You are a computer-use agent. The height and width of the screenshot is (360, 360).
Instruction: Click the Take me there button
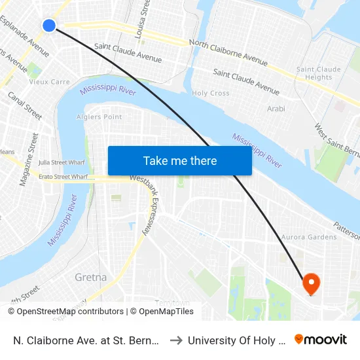[180, 161]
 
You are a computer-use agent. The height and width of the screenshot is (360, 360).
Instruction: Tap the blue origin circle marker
[49, 26]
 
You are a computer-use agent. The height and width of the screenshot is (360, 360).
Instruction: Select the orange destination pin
[310, 283]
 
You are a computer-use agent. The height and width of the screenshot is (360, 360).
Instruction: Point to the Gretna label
[91, 277]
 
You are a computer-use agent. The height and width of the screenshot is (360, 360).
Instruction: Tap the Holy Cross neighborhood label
[210, 94]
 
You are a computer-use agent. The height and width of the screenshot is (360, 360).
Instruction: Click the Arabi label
[276, 109]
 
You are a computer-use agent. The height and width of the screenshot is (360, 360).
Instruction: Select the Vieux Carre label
[50, 82]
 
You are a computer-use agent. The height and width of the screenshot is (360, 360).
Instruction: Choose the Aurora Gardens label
[309, 237]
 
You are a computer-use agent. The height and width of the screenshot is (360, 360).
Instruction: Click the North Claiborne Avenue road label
[228, 52]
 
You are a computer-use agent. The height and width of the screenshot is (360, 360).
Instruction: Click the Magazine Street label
[29, 160]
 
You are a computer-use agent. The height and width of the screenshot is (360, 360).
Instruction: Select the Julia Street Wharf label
[63, 162]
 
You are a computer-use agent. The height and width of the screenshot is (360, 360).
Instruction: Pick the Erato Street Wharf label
[63, 177]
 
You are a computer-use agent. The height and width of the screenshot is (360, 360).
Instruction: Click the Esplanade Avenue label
[26, 35]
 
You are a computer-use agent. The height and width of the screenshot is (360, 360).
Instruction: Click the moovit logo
[321, 340]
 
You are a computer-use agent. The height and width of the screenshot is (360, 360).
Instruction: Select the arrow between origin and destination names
[177, 340]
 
